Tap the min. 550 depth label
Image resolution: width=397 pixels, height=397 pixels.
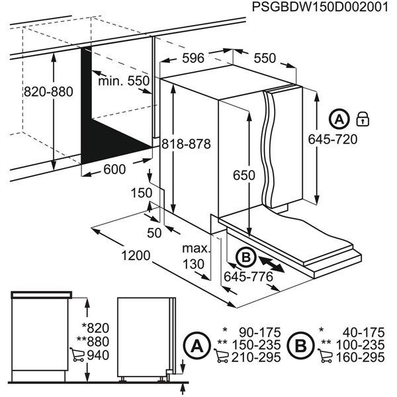point(124,81)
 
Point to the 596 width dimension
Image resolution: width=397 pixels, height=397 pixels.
point(193,58)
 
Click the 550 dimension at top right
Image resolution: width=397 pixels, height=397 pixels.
point(264,58)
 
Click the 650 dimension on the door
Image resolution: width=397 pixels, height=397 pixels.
point(243,175)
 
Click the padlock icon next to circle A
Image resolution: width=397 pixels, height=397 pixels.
point(362,119)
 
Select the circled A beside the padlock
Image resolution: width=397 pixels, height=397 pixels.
point(338,120)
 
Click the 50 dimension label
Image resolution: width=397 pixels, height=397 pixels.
point(154,232)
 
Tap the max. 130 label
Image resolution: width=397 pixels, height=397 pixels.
point(196,256)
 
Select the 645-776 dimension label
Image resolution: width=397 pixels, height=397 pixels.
point(248,277)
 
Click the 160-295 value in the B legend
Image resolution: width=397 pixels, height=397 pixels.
point(361,357)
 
